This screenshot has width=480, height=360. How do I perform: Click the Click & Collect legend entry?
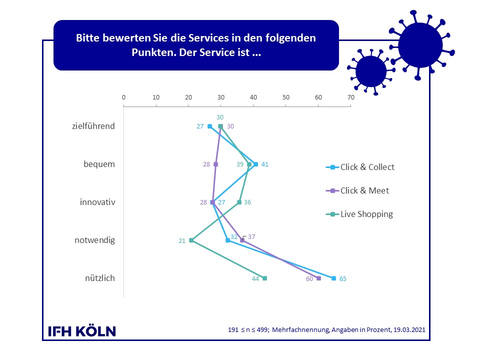point(360,167)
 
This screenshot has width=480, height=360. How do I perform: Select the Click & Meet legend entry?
point(357,190)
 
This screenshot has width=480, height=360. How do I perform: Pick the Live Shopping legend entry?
point(359,214)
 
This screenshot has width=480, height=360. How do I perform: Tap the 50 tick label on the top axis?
point(286,97)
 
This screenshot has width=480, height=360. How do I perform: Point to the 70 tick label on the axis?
point(351,97)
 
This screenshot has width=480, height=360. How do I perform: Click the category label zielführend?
point(93,126)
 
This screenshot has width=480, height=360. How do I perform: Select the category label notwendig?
point(95,240)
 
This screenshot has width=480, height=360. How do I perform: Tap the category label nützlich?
point(100,278)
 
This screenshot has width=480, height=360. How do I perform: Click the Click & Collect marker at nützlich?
point(333,278)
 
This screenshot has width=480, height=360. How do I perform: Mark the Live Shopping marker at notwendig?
point(191,240)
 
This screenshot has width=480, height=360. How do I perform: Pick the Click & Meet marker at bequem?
point(216,164)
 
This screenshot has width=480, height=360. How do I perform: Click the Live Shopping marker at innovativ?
point(239,202)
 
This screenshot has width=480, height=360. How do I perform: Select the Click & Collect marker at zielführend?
point(209,126)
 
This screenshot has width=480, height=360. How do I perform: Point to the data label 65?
point(343,279)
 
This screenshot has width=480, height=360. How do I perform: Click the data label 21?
point(182,241)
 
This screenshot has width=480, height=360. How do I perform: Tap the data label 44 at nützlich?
point(255,279)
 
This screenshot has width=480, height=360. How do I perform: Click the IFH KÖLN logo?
point(82,331)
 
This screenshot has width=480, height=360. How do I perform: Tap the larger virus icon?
point(421,45)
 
